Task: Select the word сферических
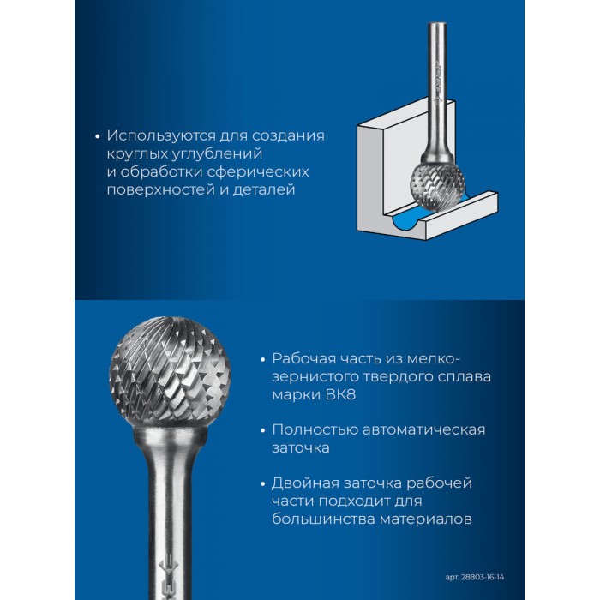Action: (258, 172)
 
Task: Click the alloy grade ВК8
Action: (340, 394)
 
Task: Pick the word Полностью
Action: (315, 430)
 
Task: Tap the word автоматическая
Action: (424, 430)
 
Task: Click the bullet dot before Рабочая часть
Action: (262, 360)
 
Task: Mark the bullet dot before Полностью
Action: (262, 430)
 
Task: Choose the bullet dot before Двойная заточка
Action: (262, 484)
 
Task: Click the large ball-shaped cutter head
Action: (170, 371)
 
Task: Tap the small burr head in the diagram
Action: (438, 186)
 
